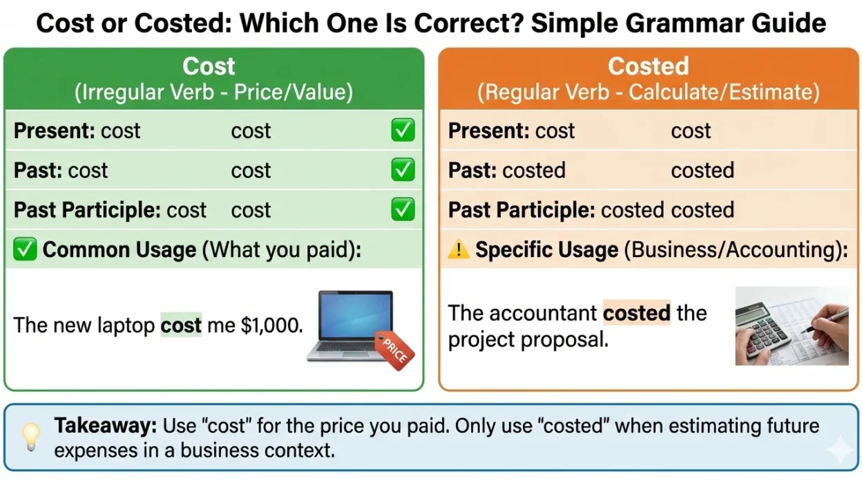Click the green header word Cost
coord(209,66)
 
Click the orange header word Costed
coord(648,66)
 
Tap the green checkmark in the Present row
coord(403,131)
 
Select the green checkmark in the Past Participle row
coord(403,209)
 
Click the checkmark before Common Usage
coord(25,250)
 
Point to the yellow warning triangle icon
coord(458,250)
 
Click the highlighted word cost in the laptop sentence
coord(181,325)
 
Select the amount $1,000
coord(272,325)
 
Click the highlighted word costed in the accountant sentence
coord(636,313)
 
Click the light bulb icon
coord(30,437)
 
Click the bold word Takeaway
coord(106,426)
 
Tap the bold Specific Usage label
coord(546,250)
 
